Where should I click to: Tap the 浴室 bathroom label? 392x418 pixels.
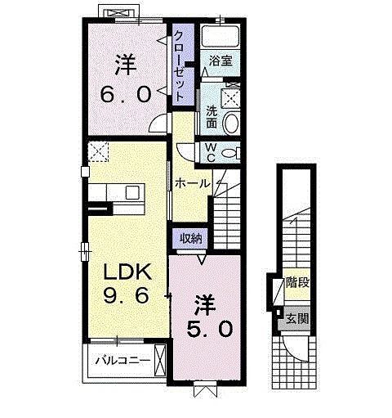220,61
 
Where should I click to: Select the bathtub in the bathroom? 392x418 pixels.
220,37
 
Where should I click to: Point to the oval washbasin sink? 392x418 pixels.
231,124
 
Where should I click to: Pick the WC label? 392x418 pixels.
209,152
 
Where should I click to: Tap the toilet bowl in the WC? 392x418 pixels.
229,153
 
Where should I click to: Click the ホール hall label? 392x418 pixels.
194,183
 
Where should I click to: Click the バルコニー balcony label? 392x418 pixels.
121,359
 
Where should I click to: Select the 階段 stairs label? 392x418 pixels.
297,284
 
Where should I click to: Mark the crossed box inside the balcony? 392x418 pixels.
161,358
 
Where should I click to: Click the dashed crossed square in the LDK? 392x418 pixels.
100,152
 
